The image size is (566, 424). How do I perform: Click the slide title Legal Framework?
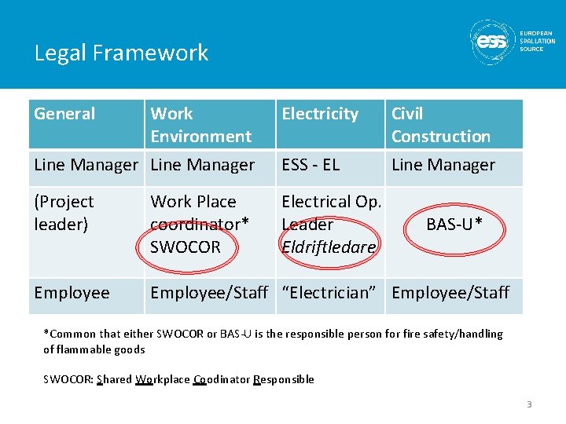pyautogui.click(x=121, y=53)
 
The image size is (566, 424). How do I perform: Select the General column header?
pyautogui.click(x=64, y=114)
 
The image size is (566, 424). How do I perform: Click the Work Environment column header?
pyautogui.click(x=200, y=125)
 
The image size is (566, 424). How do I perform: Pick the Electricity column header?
pyautogui.click(x=320, y=114)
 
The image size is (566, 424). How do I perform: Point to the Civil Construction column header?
pyautogui.click(x=440, y=125)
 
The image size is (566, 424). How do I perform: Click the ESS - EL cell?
pyautogui.click(x=311, y=165)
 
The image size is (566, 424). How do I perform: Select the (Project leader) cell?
pyautogui.click(x=64, y=213)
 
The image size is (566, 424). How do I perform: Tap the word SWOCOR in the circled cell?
pyautogui.click(x=186, y=247)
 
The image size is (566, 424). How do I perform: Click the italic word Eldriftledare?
pyautogui.click(x=329, y=247)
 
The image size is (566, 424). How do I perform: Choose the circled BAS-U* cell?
pyautogui.click(x=454, y=225)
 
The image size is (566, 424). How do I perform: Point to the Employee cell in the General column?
pyautogui.click(x=72, y=293)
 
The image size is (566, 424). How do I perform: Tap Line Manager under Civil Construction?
pyautogui.click(x=443, y=165)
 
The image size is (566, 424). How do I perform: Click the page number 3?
pyautogui.click(x=529, y=404)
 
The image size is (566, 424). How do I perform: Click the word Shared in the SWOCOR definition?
pyautogui.click(x=114, y=379)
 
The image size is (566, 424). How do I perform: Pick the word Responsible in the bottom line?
pyautogui.click(x=284, y=379)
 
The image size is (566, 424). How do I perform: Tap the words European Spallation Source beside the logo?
pyautogui.click(x=537, y=41)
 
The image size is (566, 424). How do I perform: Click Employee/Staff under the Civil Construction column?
pyautogui.click(x=450, y=293)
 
